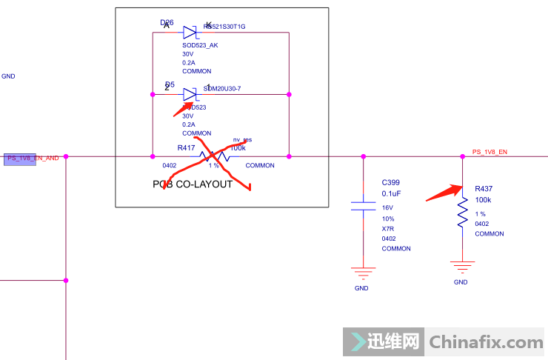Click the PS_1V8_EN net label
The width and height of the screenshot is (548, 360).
(x=489, y=152)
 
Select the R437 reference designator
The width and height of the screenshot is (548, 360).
(x=484, y=188)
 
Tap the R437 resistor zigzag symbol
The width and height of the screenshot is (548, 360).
(x=463, y=212)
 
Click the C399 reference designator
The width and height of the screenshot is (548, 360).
(x=390, y=181)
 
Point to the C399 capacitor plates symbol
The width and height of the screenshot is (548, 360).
(x=363, y=204)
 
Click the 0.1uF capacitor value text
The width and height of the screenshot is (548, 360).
(x=392, y=193)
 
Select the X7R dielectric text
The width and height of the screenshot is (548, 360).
(x=388, y=229)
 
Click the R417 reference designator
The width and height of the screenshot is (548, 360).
(x=186, y=148)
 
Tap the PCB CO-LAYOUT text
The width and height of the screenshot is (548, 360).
(x=193, y=184)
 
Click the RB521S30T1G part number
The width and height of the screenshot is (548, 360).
(x=224, y=27)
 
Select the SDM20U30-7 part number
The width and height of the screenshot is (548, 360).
(x=221, y=89)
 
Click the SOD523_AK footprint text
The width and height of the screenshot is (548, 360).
(x=200, y=44)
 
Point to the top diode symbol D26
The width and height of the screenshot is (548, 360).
(x=190, y=32)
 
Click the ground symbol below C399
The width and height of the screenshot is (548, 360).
(x=362, y=271)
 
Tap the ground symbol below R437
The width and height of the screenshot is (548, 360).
(x=462, y=265)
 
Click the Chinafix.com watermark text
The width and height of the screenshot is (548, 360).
(x=486, y=342)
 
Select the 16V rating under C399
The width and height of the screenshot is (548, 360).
(x=387, y=208)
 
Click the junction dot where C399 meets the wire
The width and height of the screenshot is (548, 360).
(x=363, y=156)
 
